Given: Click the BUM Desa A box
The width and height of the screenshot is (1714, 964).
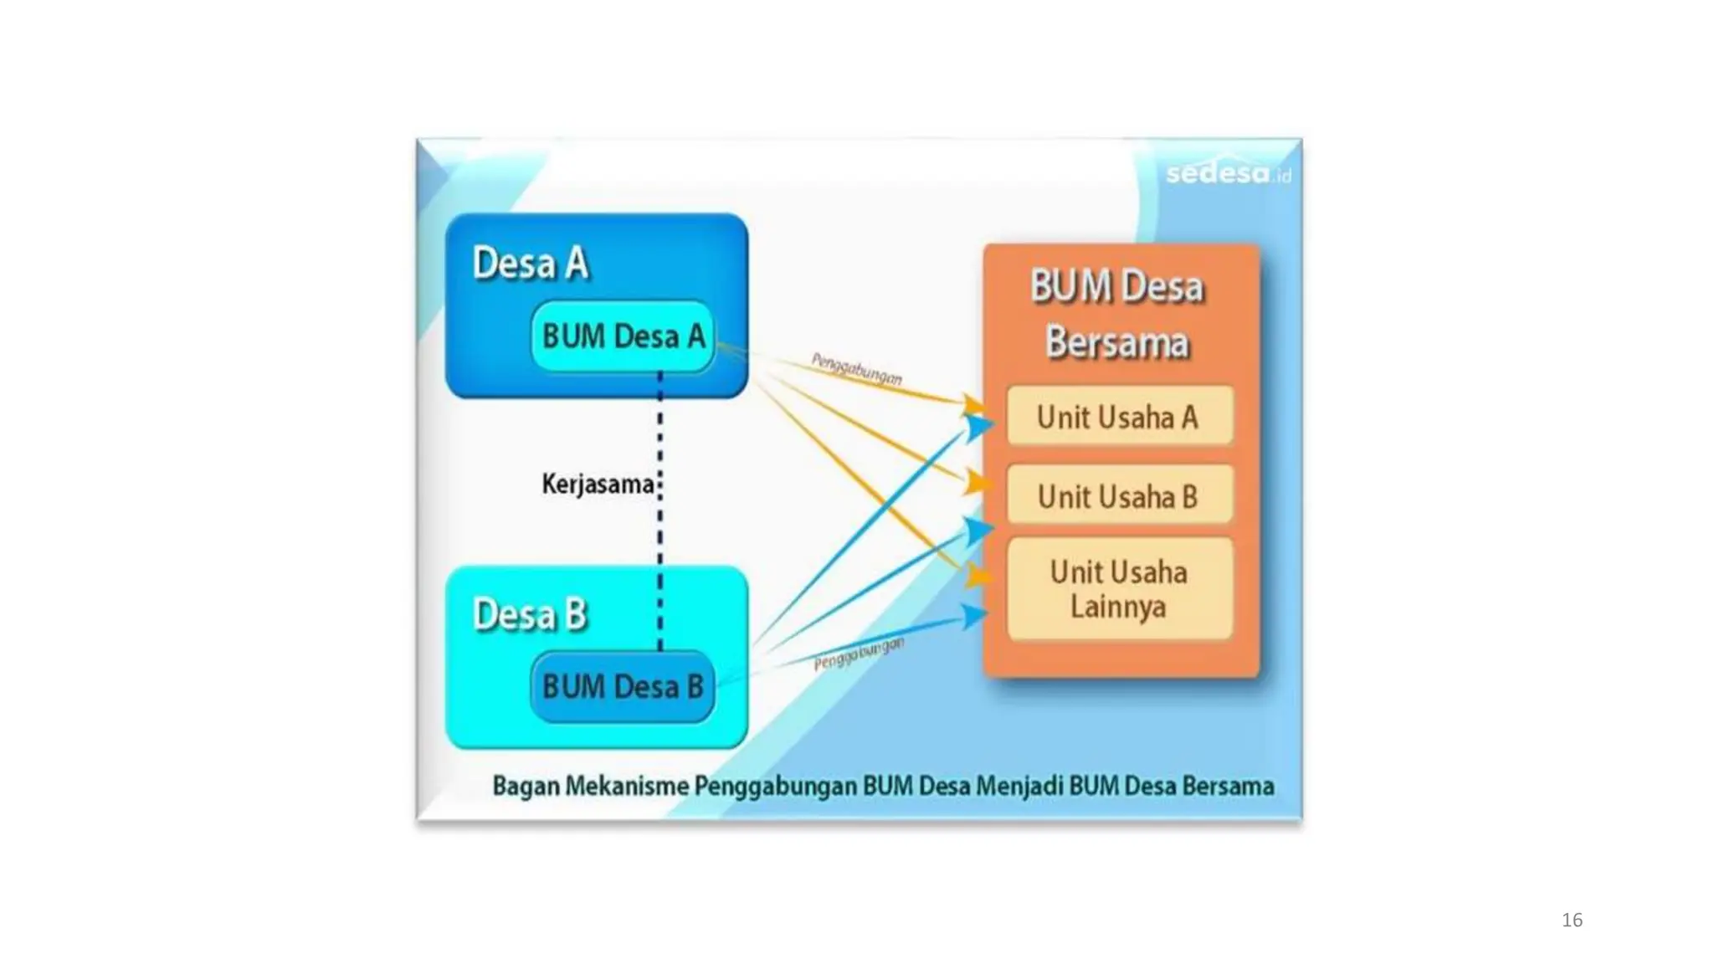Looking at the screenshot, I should (x=623, y=336).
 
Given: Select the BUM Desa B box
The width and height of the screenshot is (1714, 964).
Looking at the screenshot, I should (x=623, y=687).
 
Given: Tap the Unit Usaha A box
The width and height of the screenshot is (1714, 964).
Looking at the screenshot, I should (x=1119, y=417).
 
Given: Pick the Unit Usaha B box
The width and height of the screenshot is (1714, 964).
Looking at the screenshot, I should (x=1119, y=496).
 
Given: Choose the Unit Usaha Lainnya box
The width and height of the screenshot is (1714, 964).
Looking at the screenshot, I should (x=1119, y=589).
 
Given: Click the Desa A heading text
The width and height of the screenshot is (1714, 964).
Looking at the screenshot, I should (x=531, y=264).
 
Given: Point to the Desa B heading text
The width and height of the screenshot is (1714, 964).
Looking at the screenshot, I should (x=531, y=615).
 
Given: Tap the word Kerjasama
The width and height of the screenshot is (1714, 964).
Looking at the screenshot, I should (x=597, y=484).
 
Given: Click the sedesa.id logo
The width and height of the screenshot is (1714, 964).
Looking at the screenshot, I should (x=1227, y=173).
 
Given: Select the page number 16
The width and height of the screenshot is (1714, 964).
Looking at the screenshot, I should (x=1572, y=920).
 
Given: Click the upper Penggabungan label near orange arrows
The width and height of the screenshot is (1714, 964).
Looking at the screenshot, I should (x=856, y=369).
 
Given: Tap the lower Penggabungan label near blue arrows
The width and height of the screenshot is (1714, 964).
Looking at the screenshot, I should (x=859, y=654).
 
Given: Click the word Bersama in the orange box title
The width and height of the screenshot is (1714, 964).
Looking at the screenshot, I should (x=1117, y=343).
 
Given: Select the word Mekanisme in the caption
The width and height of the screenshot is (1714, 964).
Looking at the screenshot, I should (x=627, y=787).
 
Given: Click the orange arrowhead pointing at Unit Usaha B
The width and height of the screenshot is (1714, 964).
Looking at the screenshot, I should (x=977, y=482).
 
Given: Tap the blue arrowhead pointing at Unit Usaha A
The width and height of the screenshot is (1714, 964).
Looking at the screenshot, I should (x=978, y=427).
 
